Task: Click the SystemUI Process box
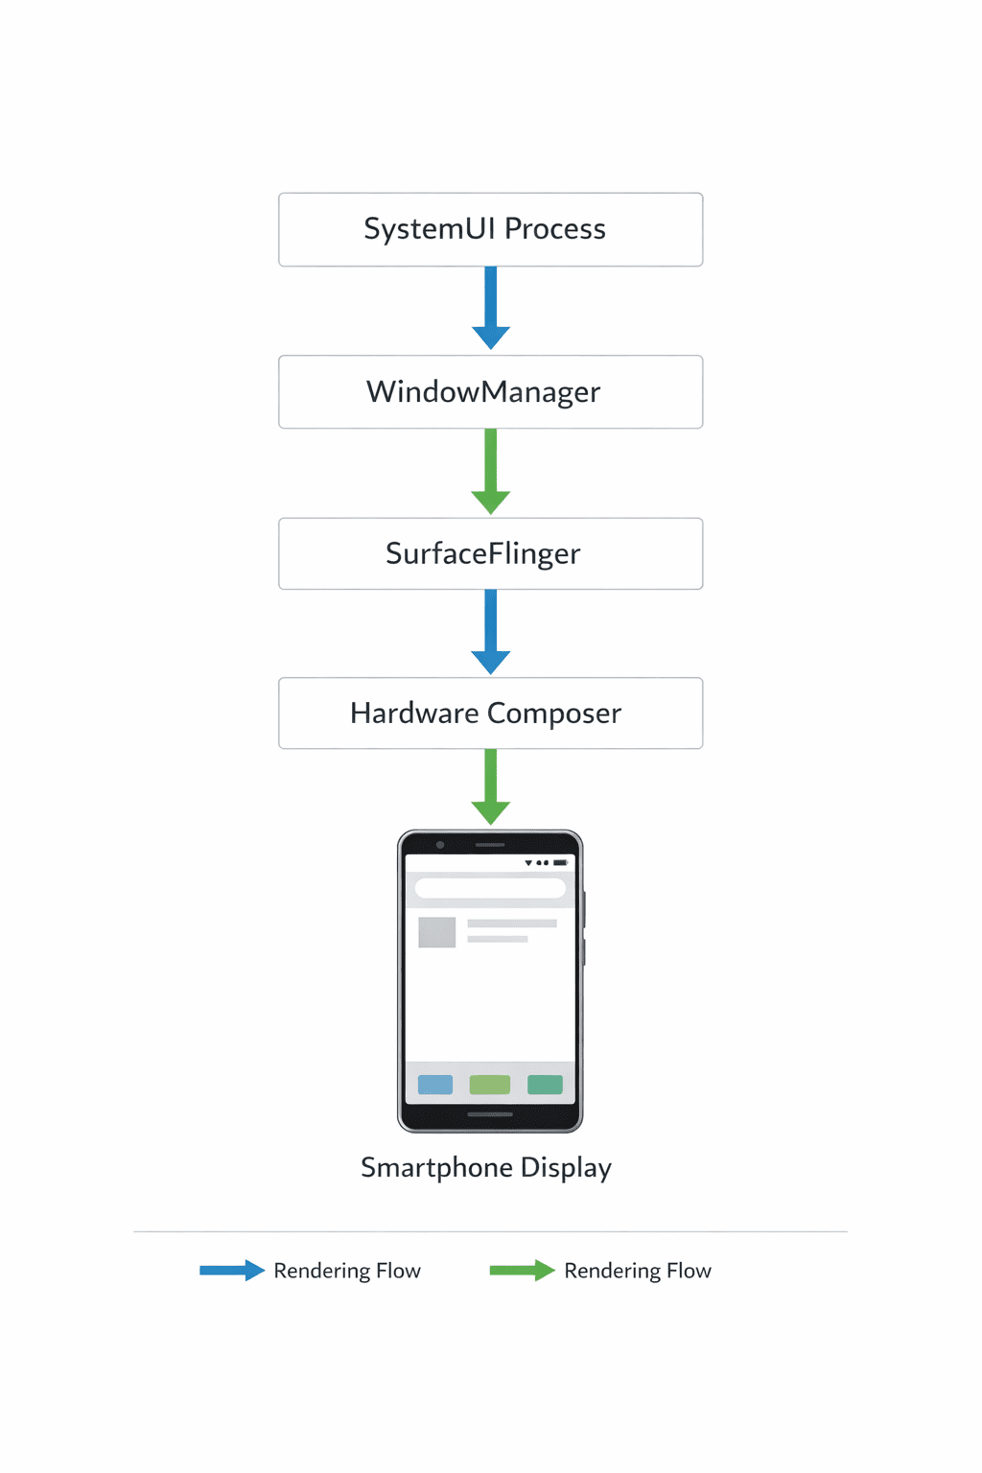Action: pyautogui.click(x=490, y=229)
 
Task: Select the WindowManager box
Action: pyautogui.click(x=490, y=391)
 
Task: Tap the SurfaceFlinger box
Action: pyautogui.click(x=490, y=553)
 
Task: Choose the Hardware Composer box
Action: pyautogui.click(x=490, y=713)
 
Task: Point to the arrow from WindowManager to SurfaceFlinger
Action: pyautogui.click(x=491, y=471)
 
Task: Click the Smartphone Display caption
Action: pyautogui.click(x=485, y=1167)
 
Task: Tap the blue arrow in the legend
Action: pyautogui.click(x=231, y=1271)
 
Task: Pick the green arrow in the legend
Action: pyautogui.click(x=522, y=1271)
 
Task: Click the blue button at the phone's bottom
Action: pyautogui.click(x=435, y=1085)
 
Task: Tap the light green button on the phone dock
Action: pyautogui.click(x=490, y=1085)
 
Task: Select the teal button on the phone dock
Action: pyautogui.click(x=545, y=1085)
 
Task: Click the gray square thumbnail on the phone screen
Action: pyautogui.click(x=437, y=932)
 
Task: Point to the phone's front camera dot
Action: pyautogui.click(x=440, y=845)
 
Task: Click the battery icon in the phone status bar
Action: pyautogui.click(x=560, y=863)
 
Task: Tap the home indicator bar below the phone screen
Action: pyautogui.click(x=490, y=1114)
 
